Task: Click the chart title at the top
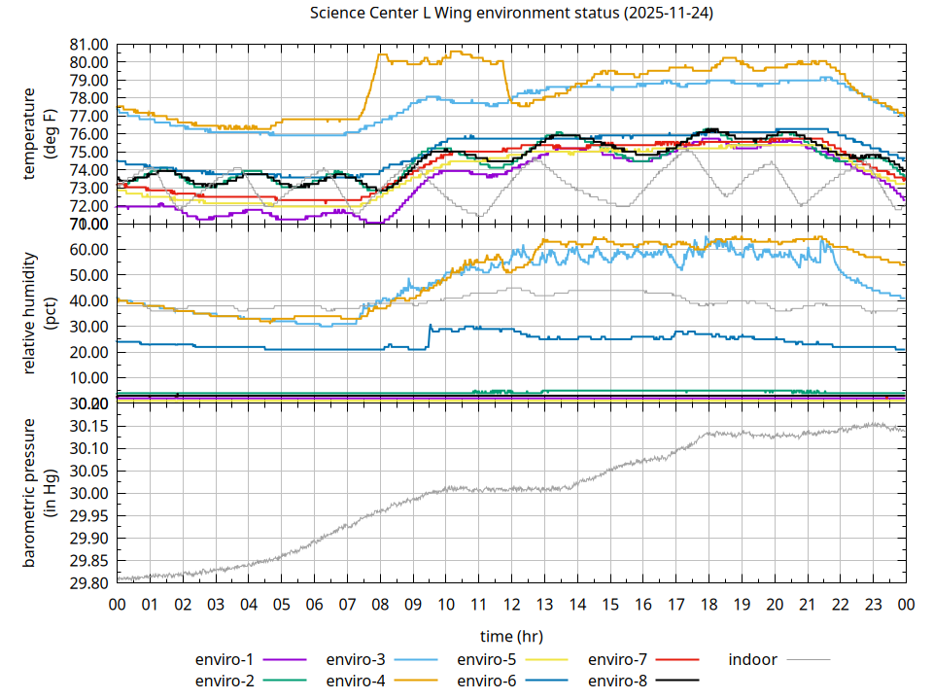point(510,13)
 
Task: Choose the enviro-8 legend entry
point(620,681)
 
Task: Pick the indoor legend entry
point(753,660)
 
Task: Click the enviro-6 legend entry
point(489,681)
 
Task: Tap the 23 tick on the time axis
point(873,605)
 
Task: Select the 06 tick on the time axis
point(314,605)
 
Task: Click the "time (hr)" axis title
point(510,636)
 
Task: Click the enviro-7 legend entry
point(620,660)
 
